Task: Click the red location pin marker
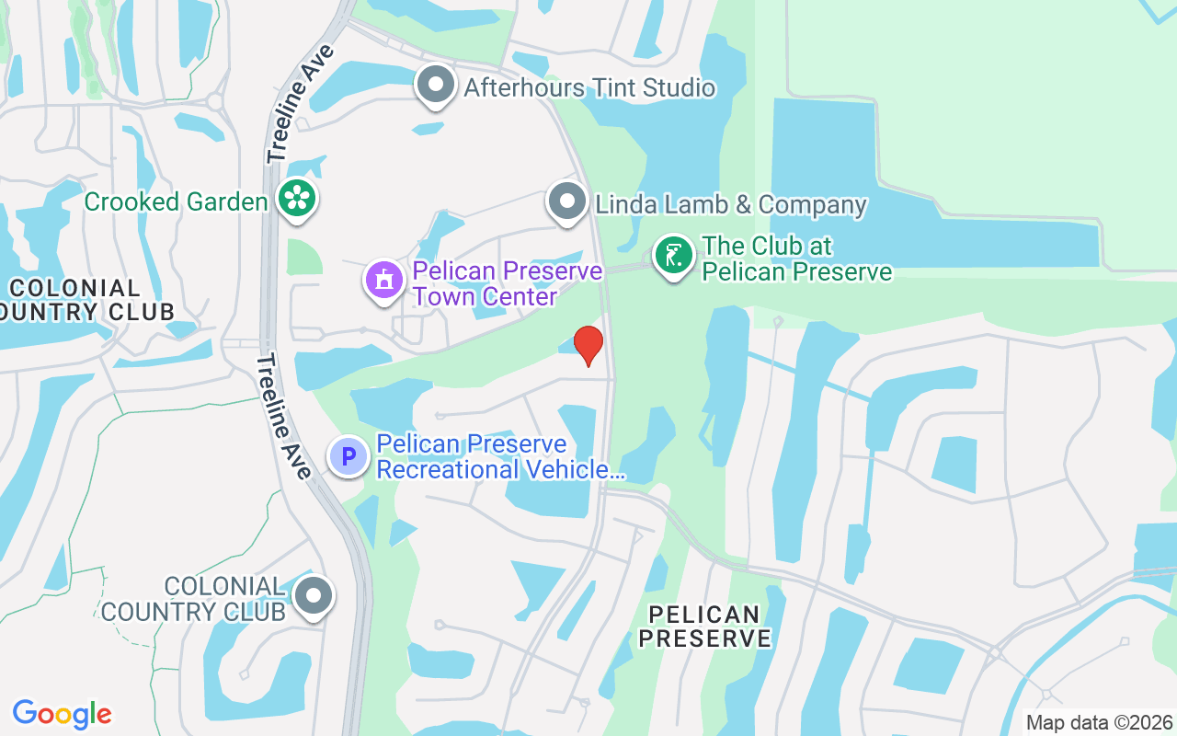click(588, 345)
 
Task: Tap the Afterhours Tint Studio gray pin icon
click(436, 86)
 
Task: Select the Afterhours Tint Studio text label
click(589, 88)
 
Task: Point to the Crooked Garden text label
click(176, 201)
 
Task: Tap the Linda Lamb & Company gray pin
click(566, 201)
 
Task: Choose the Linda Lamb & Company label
click(731, 204)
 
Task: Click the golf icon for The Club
click(674, 256)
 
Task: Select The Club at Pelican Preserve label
click(796, 259)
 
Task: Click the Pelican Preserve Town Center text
click(507, 283)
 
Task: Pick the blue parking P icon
click(349, 456)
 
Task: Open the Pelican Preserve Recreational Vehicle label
click(501, 457)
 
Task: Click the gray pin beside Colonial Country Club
click(314, 596)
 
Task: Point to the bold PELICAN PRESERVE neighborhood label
click(704, 626)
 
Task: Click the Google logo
click(63, 714)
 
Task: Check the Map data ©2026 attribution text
click(1100, 722)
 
